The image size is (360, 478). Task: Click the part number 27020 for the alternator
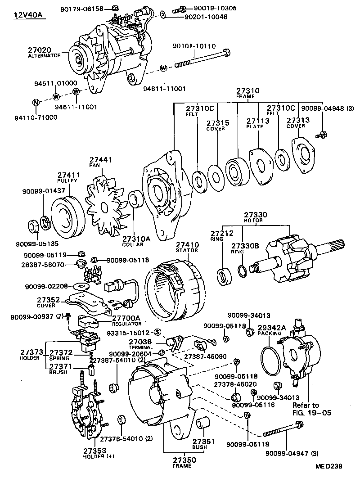pyautogui.click(x=40, y=50)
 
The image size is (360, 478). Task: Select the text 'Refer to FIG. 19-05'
pyautogui.click(x=306, y=409)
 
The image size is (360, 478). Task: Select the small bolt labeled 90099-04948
pyautogui.click(x=321, y=134)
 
